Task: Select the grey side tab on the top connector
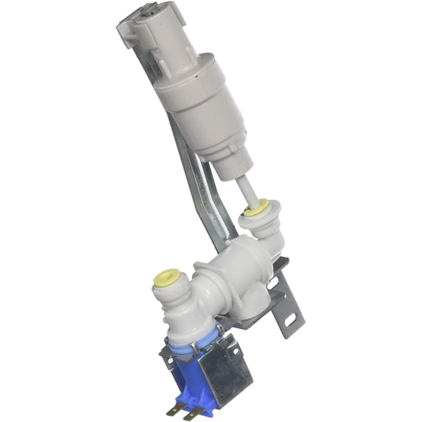pos(125,33)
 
